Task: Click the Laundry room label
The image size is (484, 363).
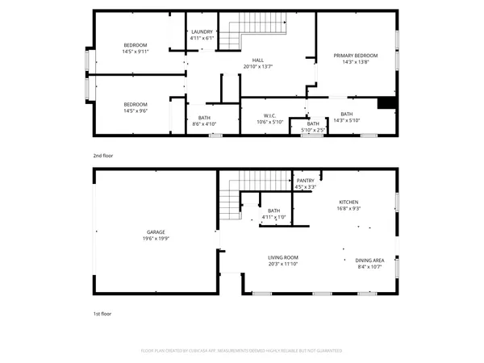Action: pos(202,31)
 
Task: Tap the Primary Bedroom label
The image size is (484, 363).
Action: pos(356,56)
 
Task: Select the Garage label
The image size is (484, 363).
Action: pos(156,232)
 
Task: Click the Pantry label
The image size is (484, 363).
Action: pos(305,181)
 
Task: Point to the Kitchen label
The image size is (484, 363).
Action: pos(348,202)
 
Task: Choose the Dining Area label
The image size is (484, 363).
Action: pos(369,260)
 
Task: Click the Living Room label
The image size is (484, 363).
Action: pos(283,257)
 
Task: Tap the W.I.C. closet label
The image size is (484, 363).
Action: pos(271,115)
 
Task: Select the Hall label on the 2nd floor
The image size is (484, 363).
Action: pos(258,60)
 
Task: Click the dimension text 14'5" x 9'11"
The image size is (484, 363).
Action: pos(136,50)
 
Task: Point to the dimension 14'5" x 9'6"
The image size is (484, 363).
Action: pos(136,111)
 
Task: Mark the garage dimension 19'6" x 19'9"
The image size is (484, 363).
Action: pos(156,239)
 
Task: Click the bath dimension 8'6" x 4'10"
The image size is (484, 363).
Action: pos(204,124)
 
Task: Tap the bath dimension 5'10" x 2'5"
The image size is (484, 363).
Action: pos(313,130)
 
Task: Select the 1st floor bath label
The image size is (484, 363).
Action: pos(274,211)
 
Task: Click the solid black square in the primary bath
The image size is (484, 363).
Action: pos(387,102)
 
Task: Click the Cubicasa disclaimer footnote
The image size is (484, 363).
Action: pos(241,351)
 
